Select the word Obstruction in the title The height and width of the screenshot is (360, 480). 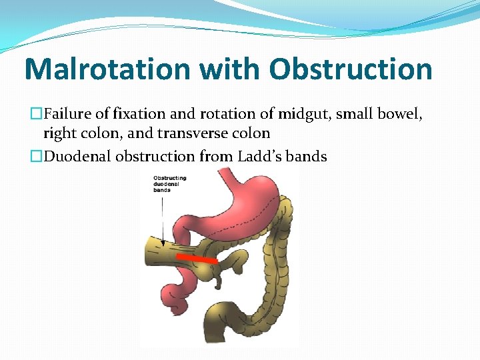click(x=351, y=69)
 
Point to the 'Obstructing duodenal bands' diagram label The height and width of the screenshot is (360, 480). click(x=169, y=183)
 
